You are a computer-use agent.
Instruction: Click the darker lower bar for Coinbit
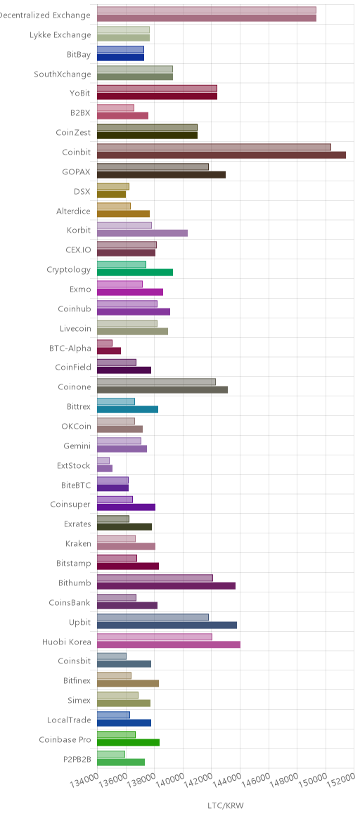(x=221, y=155)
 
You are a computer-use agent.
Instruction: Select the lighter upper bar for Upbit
(x=153, y=617)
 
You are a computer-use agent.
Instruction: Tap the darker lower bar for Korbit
(x=143, y=233)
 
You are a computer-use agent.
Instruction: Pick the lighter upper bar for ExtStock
(x=103, y=460)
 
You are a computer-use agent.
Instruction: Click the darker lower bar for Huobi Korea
(x=169, y=644)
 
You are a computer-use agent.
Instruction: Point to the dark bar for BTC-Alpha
(x=109, y=351)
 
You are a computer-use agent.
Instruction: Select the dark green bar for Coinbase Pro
(x=129, y=742)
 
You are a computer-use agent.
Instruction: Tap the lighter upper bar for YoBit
(x=157, y=88)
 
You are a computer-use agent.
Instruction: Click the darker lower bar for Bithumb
(x=167, y=585)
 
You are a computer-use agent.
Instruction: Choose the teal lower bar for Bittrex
(x=127, y=410)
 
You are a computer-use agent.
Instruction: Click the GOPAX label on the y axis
(x=76, y=171)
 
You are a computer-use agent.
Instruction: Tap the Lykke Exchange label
(x=60, y=35)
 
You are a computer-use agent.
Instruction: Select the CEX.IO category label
(x=78, y=250)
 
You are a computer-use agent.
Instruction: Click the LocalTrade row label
(x=69, y=720)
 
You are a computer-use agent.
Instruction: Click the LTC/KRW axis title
(x=226, y=805)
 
